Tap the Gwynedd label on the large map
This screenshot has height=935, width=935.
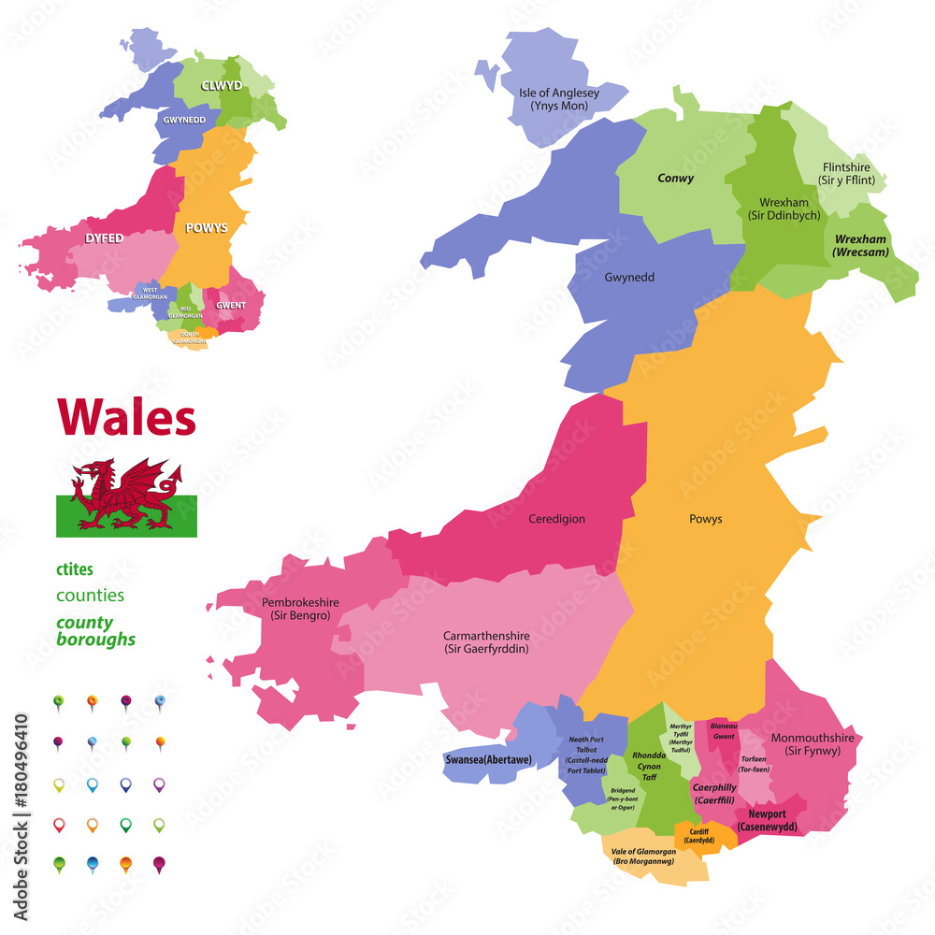click(629, 278)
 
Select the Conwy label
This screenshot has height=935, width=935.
click(675, 178)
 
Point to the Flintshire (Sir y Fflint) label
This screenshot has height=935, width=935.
click(848, 173)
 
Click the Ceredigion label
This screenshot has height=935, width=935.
click(556, 519)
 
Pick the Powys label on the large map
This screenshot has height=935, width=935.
click(706, 519)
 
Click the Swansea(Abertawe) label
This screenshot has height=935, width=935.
click(488, 760)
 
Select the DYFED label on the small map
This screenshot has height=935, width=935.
click(104, 238)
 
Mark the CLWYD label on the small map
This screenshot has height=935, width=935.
click(221, 85)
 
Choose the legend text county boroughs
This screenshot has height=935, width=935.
click(95, 631)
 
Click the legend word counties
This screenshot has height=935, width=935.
click(90, 596)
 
